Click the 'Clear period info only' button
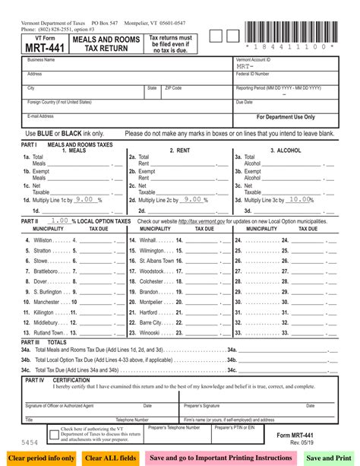[x=41, y=458]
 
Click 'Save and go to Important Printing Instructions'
[x=220, y=458]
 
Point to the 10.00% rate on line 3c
[x=300, y=199]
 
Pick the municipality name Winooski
[x=150, y=332]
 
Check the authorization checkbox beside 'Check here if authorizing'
[x=52, y=434]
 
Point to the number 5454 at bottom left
[x=31, y=441]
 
